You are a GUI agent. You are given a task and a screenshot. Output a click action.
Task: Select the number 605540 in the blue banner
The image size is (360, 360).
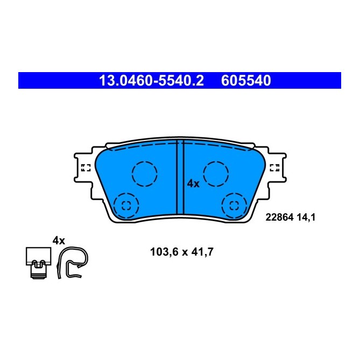(245, 81)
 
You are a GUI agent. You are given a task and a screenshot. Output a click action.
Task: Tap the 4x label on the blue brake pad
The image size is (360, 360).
(193, 183)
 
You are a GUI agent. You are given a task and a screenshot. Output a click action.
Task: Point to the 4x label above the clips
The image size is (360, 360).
(58, 240)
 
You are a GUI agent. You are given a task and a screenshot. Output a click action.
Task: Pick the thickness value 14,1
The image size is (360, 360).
(306, 217)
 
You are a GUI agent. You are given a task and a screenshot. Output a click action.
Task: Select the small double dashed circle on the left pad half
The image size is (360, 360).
(127, 204)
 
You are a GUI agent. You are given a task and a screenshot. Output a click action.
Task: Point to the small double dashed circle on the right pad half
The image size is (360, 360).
(234, 204)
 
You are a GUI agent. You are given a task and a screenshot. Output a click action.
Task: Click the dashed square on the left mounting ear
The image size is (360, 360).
(85, 167)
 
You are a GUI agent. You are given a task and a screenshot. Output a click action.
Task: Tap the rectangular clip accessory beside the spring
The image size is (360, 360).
(37, 262)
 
